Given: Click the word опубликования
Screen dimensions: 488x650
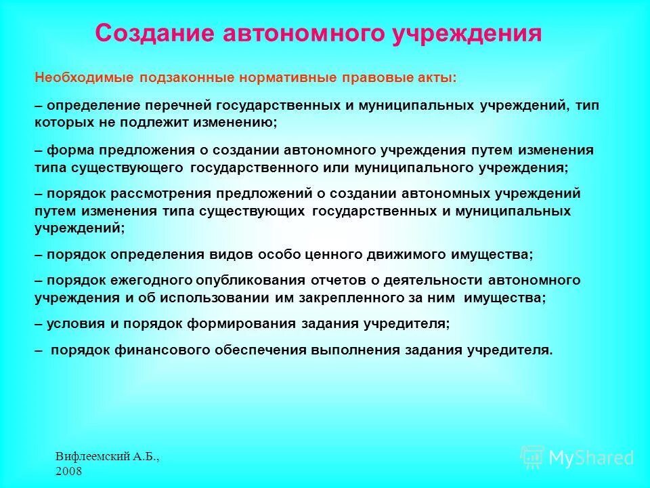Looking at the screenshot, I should [x=248, y=281].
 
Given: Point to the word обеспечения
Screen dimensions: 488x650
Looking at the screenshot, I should [x=261, y=350].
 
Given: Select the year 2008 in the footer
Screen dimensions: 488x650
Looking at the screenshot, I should [x=69, y=470].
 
